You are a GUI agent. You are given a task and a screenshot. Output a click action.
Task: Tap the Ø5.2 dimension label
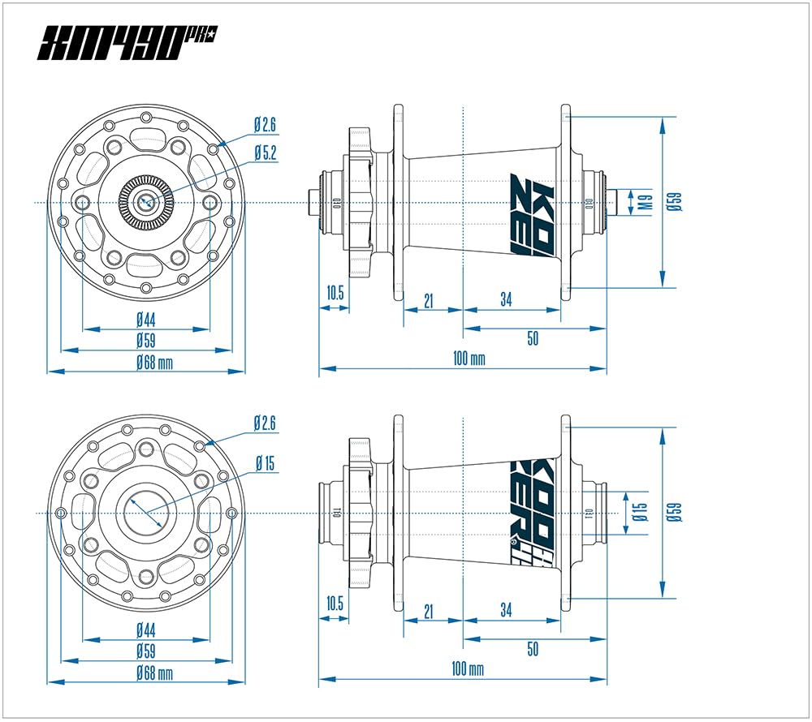266,152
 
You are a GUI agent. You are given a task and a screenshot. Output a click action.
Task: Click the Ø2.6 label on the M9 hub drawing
266,125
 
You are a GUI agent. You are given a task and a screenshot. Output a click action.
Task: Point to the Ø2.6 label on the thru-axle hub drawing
266,423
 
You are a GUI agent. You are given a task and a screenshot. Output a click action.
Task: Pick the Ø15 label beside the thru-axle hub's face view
265,464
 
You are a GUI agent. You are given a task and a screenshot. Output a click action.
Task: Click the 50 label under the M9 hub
533,338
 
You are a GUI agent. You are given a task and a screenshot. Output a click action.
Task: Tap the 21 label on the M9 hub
429,301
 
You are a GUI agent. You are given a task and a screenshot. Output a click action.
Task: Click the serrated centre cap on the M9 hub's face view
146,200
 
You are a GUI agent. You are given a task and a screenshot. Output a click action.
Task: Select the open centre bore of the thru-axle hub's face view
146,513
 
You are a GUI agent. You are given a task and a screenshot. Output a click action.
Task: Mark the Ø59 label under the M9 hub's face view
146,340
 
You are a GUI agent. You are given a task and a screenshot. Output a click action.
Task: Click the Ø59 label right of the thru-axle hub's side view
673,511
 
